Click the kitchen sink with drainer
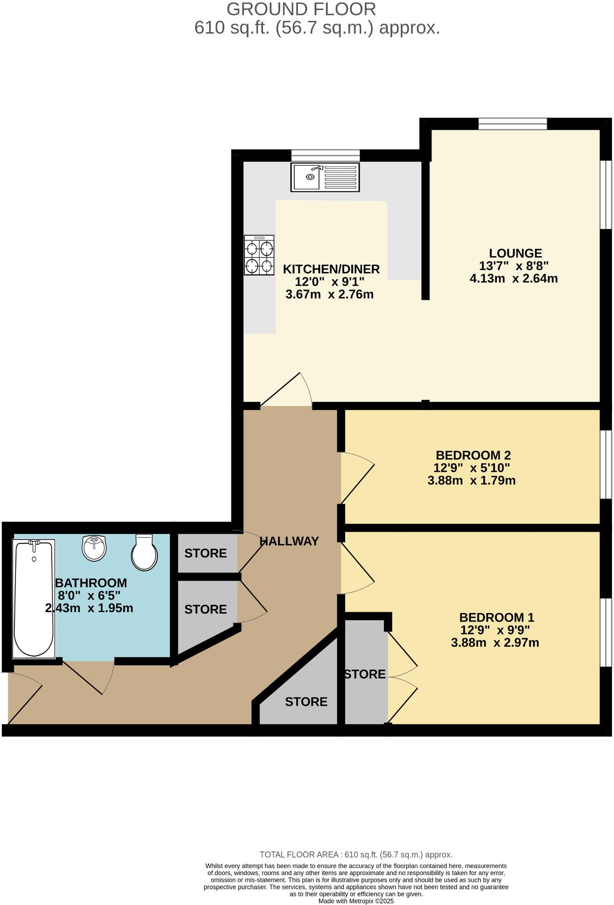coord(325,177)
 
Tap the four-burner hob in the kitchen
coord(259,255)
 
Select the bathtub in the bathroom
coord(34,598)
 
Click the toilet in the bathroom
coord(144,552)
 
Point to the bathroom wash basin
coord(94,548)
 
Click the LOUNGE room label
coord(515,253)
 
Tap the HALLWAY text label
coord(289,541)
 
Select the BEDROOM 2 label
coord(473,455)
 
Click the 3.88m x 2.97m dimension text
coord(495,643)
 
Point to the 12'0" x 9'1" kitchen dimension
coord(330,282)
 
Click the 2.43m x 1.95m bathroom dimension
coord(89,608)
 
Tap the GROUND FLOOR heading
coord(301,10)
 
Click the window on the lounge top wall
coord(513,124)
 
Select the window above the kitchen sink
coord(325,156)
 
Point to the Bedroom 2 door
coord(357,478)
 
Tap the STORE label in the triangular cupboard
coord(306,702)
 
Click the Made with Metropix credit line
coord(356,901)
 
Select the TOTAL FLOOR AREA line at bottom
coord(356,855)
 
